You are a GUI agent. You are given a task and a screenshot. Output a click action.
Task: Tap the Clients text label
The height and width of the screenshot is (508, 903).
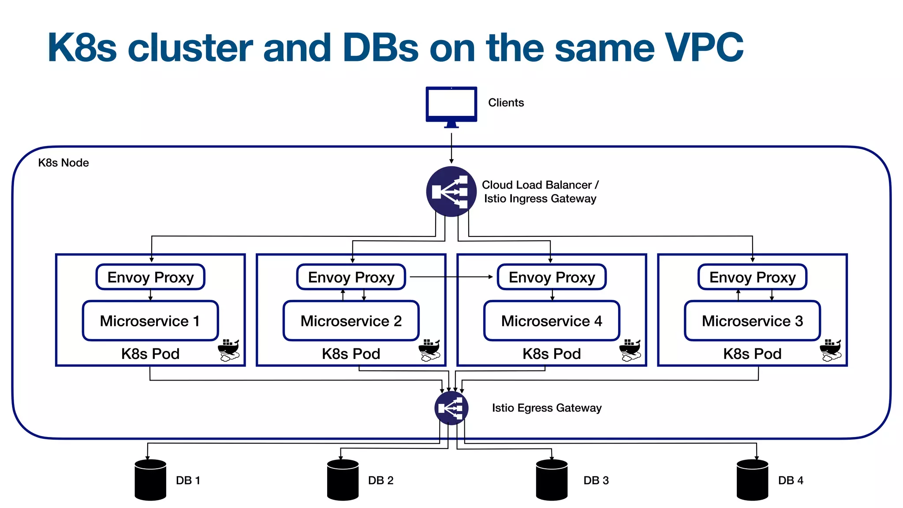point(506,103)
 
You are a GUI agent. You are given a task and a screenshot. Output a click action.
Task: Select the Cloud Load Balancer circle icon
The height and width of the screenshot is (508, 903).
point(451,191)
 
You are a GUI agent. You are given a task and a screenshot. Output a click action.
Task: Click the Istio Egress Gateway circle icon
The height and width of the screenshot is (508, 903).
point(451,408)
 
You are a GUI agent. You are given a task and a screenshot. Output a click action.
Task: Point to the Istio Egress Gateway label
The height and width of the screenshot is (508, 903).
point(546,408)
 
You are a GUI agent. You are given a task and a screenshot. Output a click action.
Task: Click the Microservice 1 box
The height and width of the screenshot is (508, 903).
point(150,321)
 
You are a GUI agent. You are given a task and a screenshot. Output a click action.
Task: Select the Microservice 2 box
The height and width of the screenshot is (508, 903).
point(351,321)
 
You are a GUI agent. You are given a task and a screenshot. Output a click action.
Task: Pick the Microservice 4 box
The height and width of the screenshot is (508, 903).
point(552,321)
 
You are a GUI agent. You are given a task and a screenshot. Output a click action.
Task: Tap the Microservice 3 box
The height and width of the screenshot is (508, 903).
point(752,321)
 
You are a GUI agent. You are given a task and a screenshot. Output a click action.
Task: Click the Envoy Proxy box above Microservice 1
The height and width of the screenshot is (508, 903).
point(150,277)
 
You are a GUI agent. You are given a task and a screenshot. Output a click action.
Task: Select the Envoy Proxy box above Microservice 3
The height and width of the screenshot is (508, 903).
point(752,277)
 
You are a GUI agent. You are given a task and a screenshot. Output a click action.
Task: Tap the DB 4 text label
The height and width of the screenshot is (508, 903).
point(790,480)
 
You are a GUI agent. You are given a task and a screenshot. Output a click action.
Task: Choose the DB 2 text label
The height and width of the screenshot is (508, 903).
point(381,480)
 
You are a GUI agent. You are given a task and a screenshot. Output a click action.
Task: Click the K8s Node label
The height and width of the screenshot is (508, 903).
point(63,163)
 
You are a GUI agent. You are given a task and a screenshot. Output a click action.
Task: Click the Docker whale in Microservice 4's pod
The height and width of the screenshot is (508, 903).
point(630,350)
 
